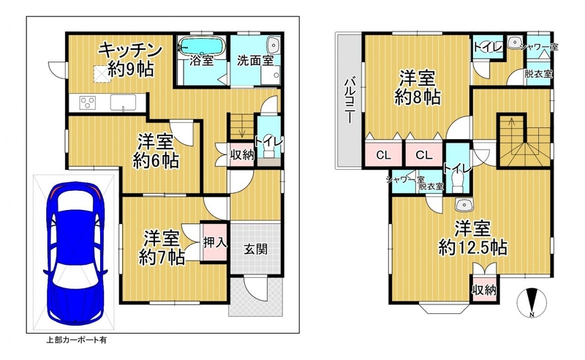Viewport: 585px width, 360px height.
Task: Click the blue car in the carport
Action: (x=75, y=253)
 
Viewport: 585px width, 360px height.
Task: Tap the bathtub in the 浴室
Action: (x=202, y=45)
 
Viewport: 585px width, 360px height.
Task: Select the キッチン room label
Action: (x=130, y=50)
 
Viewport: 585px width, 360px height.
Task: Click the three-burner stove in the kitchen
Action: (x=88, y=102)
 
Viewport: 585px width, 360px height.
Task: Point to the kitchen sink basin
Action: (x=123, y=102)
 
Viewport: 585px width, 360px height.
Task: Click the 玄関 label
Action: (x=255, y=249)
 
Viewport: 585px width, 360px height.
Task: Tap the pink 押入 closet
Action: (x=214, y=242)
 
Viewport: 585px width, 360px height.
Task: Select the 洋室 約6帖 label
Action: (x=156, y=151)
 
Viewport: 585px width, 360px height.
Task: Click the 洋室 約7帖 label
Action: (x=162, y=247)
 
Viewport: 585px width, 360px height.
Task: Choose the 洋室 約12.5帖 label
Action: (x=472, y=238)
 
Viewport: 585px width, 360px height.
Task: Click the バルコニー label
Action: (x=349, y=100)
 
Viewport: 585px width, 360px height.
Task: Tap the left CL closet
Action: (x=383, y=154)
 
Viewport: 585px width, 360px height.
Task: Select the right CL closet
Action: (x=424, y=154)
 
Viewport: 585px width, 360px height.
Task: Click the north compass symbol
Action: (x=532, y=301)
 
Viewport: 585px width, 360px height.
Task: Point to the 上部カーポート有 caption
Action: (x=76, y=340)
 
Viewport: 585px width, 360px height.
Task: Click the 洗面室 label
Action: (x=255, y=61)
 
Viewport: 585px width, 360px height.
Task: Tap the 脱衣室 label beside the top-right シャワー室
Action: (x=538, y=74)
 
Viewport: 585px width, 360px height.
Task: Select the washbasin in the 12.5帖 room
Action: (x=464, y=204)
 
